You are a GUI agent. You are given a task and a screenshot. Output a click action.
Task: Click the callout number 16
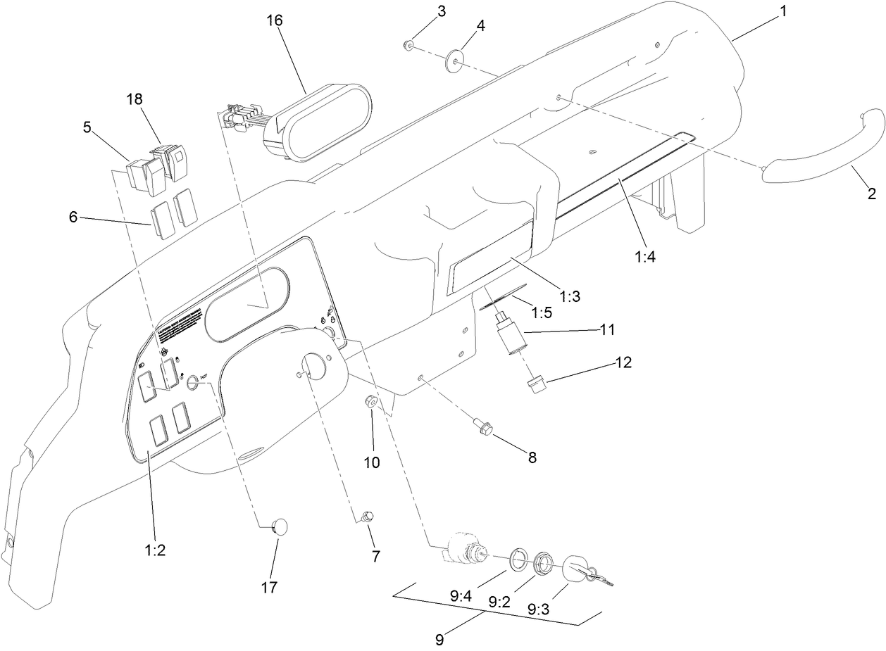tap(275, 20)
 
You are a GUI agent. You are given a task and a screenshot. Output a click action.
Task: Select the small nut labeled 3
tap(408, 46)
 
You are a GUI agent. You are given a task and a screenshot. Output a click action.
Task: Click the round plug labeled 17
tap(280, 526)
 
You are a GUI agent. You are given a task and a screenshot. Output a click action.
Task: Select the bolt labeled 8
tap(486, 427)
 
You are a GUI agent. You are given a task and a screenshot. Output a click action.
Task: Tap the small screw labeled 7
tap(366, 517)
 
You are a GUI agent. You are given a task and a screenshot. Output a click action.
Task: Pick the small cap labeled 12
tap(538, 386)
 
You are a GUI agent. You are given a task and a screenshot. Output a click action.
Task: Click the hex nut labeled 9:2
tap(544, 563)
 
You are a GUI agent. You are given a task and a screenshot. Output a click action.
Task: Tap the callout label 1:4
tap(644, 257)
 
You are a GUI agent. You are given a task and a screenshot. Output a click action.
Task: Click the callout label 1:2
tap(154, 551)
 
